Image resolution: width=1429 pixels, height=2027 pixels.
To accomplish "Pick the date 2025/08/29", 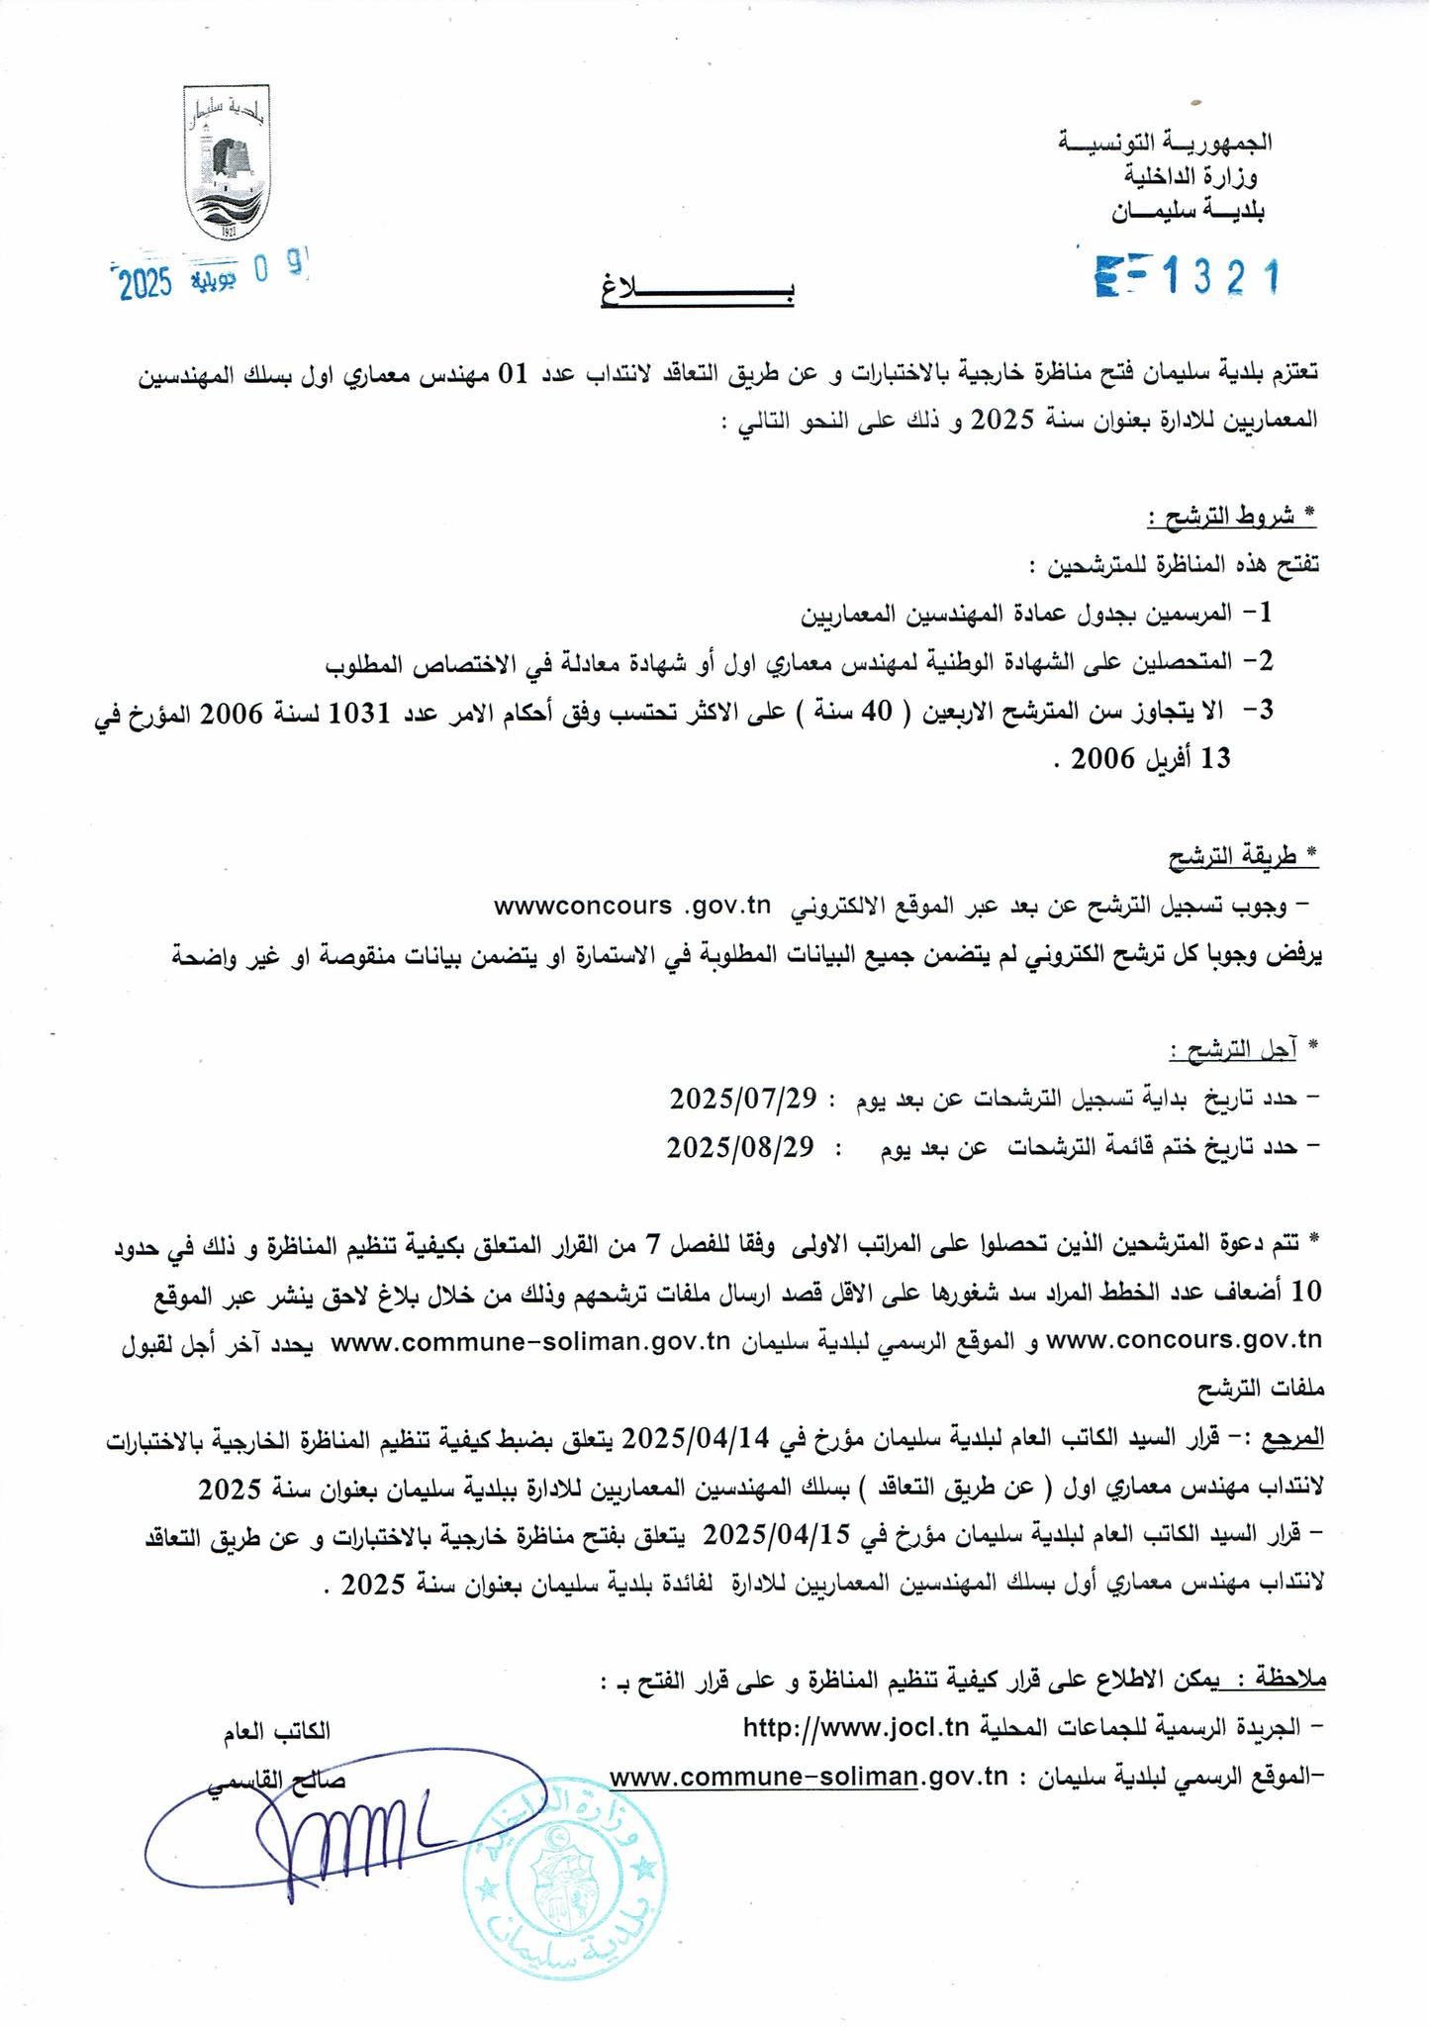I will click(740, 1147).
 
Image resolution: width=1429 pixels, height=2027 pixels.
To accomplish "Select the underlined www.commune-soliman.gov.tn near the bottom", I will click(808, 1777).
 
